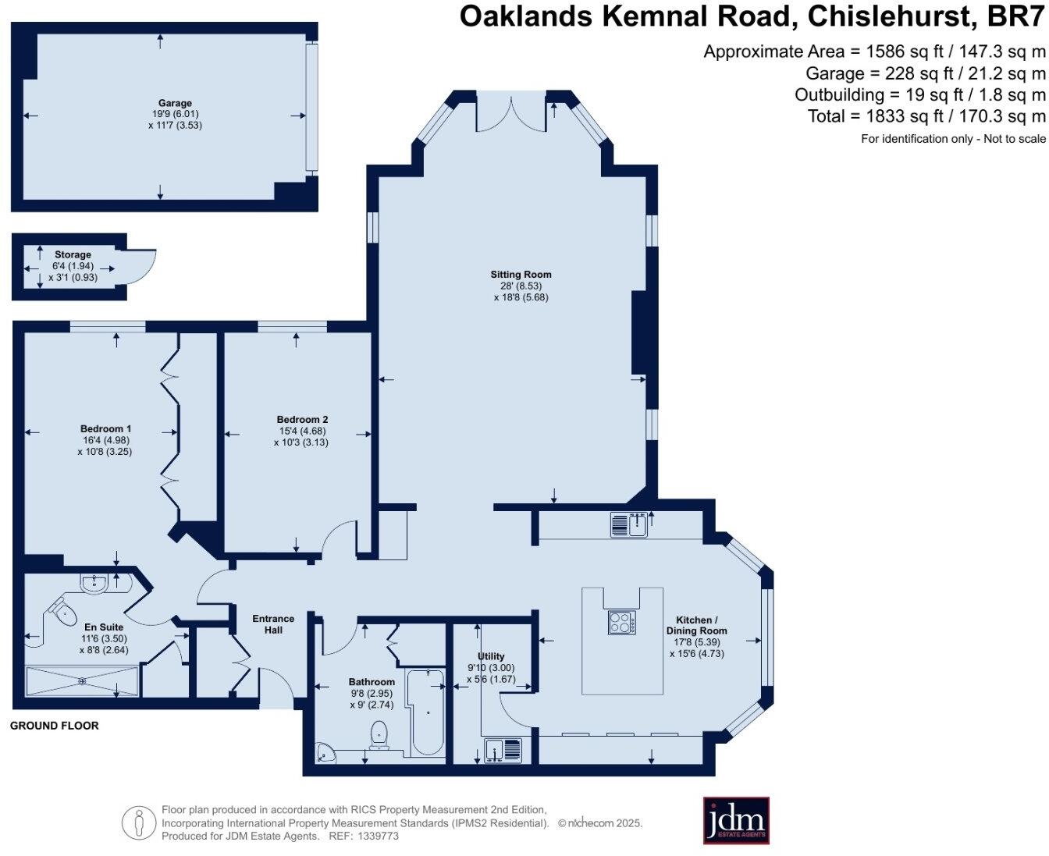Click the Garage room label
coord(175,103)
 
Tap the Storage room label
coord(73,254)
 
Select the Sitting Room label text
coord(521,275)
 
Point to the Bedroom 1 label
coord(105,428)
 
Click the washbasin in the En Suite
coord(94,583)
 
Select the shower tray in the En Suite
coord(82,680)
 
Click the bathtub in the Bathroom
coord(427,712)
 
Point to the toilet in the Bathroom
coord(379,734)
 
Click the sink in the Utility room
coord(503,750)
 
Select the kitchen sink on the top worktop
coord(629,525)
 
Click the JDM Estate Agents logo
coord(736,820)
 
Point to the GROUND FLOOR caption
coord(55,726)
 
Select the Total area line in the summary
coord(926,117)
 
